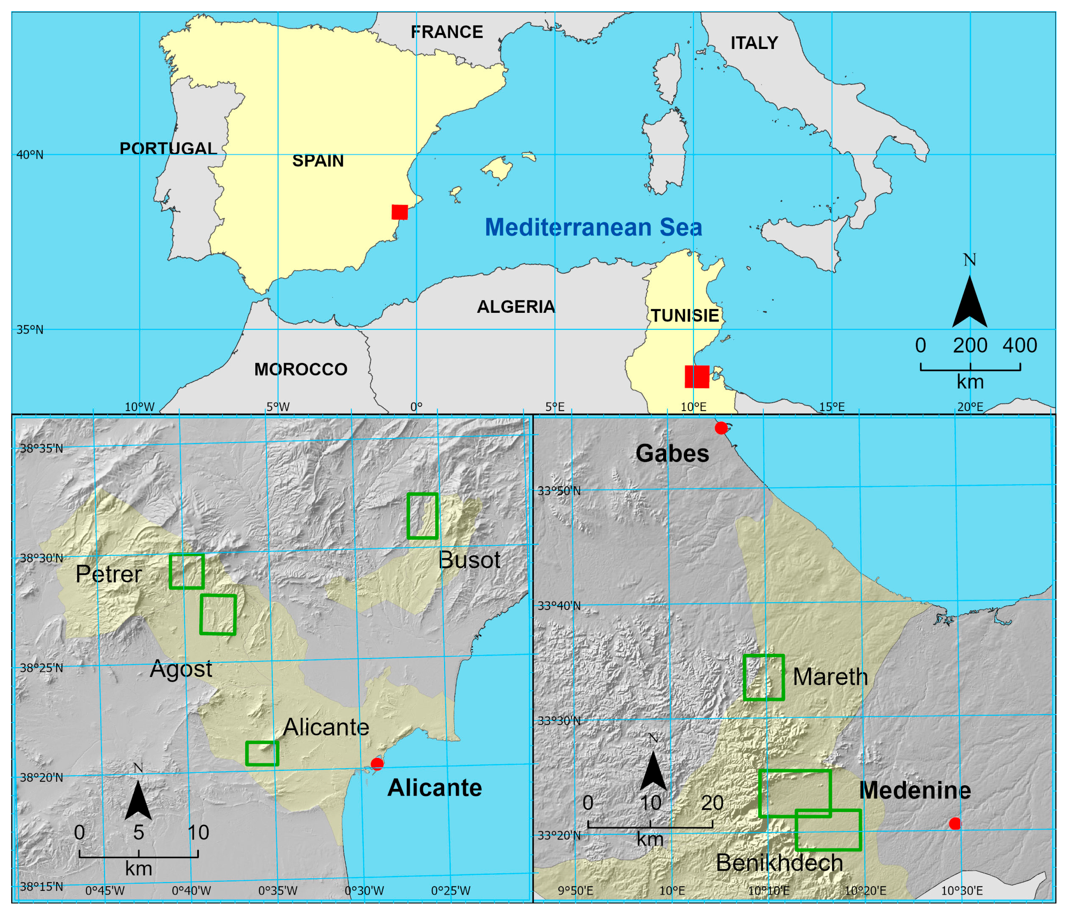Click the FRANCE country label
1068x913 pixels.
tap(446, 32)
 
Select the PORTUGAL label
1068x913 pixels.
tap(168, 149)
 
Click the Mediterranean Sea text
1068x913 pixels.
tap(593, 227)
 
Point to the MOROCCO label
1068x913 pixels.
tap(301, 369)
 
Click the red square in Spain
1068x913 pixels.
tap(400, 212)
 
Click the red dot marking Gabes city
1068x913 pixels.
tap(721, 428)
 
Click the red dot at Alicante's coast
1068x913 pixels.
tap(377, 763)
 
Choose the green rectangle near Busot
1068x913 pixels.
tap(423, 516)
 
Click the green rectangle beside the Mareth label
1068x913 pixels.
tap(764, 677)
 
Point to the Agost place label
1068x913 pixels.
tap(181, 669)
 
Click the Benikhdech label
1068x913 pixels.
tap(779, 862)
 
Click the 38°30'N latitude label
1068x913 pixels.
tap(41, 558)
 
